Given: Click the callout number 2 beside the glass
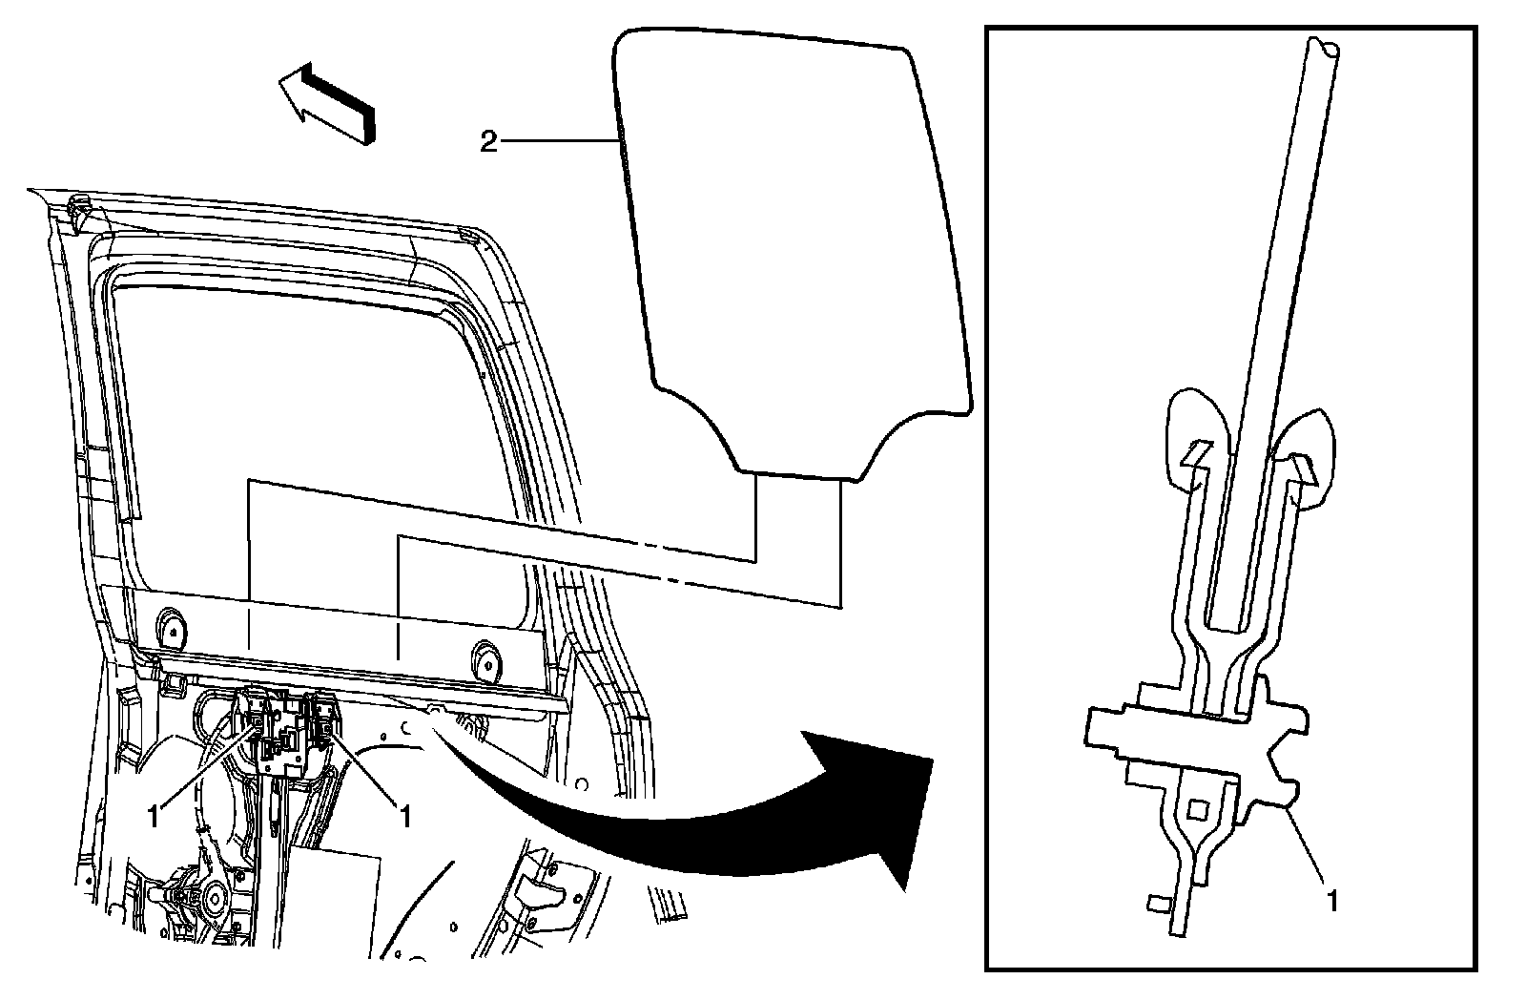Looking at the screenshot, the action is click(x=487, y=143).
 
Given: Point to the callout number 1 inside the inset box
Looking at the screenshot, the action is click(x=1332, y=899).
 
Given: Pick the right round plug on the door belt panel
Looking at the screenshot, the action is click(x=488, y=659).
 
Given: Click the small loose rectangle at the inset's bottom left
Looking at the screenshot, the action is click(x=1159, y=903).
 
